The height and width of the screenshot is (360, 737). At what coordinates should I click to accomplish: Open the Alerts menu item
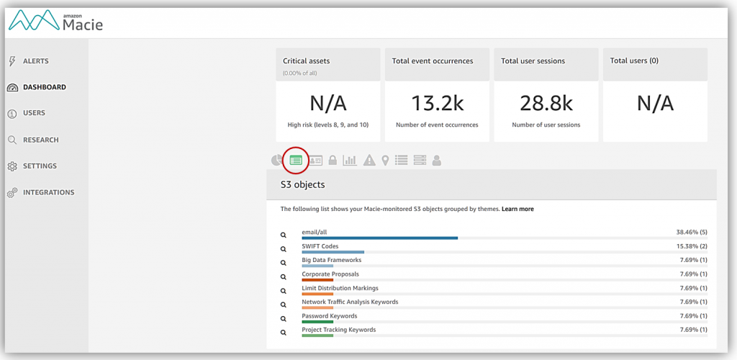pyautogui.click(x=35, y=61)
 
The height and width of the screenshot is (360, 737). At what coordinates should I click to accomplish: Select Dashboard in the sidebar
pyautogui.click(x=44, y=87)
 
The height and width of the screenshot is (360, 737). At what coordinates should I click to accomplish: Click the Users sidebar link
pyautogui.click(x=34, y=113)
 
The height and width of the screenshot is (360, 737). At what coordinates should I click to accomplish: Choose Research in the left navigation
pyautogui.click(x=40, y=140)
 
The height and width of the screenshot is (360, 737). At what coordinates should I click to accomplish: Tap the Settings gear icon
pyautogui.click(x=12, y=166)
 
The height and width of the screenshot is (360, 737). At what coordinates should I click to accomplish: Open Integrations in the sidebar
pyautogui.click(x=48, y=192)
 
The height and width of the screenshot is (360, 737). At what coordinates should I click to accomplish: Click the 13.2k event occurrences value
pyautogui.click(x=437, y=103)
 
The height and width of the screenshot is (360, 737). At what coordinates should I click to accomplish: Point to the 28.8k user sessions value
pyautogui.click(x=546, y=103)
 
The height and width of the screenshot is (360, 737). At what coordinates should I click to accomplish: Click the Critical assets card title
pyautogui.click(x=307, y=61)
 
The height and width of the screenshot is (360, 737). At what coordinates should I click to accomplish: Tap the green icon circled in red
pyautogui.click(x=296, y=160)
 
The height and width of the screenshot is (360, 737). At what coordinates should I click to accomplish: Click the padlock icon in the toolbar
pyautogui.click(x=333, y=161)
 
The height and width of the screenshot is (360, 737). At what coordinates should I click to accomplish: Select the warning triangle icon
pyautogui.click(x=369, y=161)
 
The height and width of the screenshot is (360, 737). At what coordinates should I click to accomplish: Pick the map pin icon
pyautogui.click(x=386, y=161)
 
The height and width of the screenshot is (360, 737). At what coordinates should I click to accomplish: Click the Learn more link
pyautogui.click(x=517, y=209)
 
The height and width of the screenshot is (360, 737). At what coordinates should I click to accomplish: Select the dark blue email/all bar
pyautogui.click(x=379, y=238)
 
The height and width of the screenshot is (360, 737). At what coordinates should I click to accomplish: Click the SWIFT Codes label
pyautogui.click(x=320, y=246)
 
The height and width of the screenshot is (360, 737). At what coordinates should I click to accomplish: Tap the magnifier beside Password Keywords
pyautogui.click(x=284, y=319)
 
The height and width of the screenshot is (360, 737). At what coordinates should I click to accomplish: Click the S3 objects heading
pyautogui.click(x=302, y=185)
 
